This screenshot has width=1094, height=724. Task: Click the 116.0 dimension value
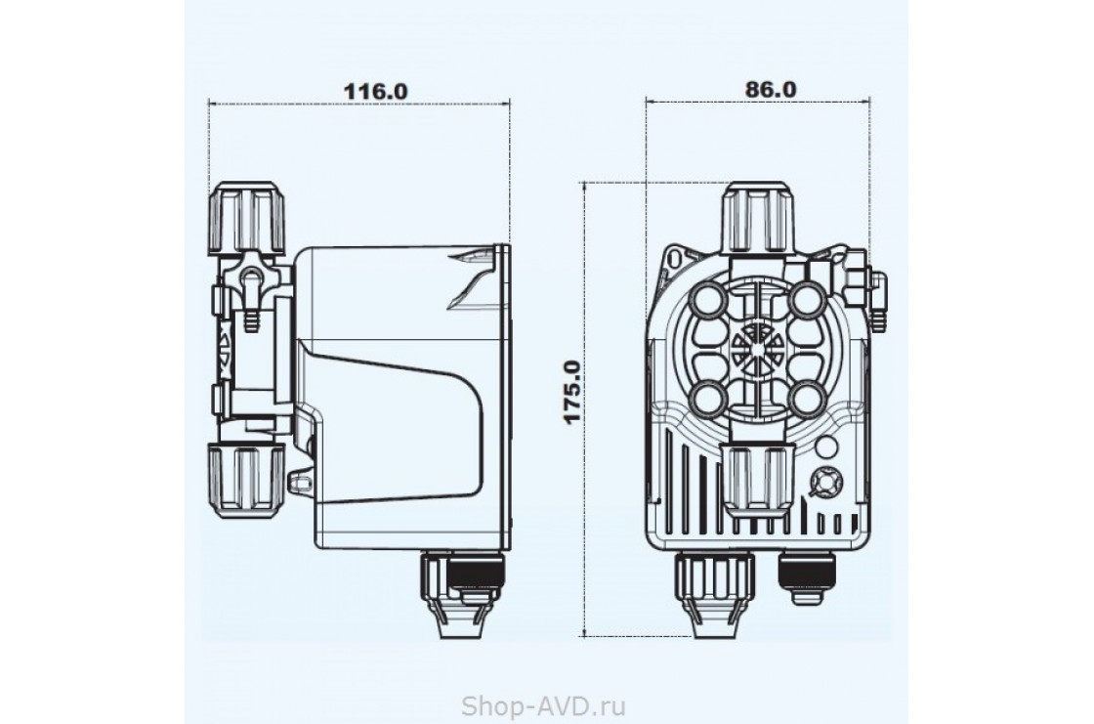[375, 91]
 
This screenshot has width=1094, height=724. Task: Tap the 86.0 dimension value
[771, 89]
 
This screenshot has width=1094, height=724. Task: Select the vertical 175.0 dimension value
[572, 392]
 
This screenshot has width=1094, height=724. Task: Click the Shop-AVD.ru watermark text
[543, 705]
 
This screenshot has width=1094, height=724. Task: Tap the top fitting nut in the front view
[758, 217]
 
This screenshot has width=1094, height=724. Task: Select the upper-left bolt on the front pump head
[706, 301]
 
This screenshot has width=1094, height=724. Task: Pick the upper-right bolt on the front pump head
[807, 301]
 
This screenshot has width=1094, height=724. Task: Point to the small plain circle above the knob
[826, 447]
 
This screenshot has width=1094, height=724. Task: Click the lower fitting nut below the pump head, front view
[758, 480]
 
